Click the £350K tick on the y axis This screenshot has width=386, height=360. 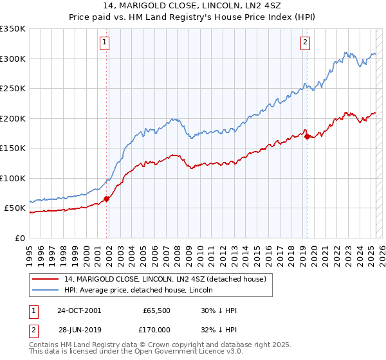[x=12, y=29]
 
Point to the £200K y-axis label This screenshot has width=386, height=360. [x=12, y=118]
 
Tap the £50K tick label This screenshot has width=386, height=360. [x=15, y=208]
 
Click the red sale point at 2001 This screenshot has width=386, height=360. [x=107, y=199]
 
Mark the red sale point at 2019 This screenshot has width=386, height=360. [x=307, y=136]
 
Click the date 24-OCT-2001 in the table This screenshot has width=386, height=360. [x=79, y=310]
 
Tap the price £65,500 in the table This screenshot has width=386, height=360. [x=156, y=310]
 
